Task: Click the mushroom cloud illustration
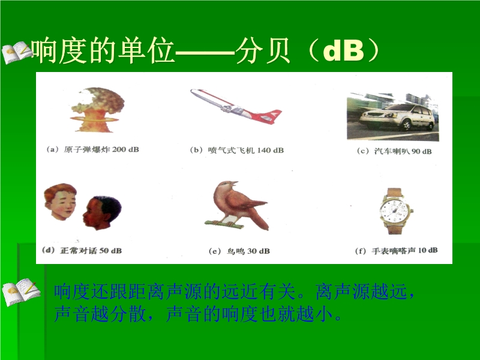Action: click(x=97, y=110)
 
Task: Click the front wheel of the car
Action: click(x=406, y=125)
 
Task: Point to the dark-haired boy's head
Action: click(x=102, y=213)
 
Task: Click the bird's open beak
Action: click(x=234, y=184)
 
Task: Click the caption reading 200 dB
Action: click(x=93, y=149)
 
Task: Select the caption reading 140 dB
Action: click(x=236, y=150)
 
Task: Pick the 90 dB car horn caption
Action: click(x=394, y=151)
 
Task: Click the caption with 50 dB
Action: click(x=82, y=250)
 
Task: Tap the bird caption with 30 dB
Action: click(x=239, y=251)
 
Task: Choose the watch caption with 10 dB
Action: click(x=396, y=251)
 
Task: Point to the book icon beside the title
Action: click(x=17, y=52)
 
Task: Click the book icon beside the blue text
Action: click(x=21, y=292)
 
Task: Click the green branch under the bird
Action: click(x=224, y=224)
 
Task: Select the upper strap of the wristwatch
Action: click(x=394, y=193)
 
